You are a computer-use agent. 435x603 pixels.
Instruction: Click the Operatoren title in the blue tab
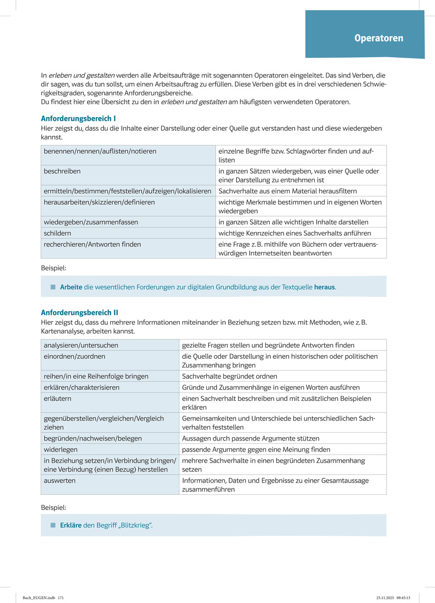point(379,38)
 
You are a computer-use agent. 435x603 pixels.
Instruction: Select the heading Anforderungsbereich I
point(78,118)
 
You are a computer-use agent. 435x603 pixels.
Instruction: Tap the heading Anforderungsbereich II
point(80,312)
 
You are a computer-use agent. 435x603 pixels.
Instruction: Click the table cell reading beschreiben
point(63,171)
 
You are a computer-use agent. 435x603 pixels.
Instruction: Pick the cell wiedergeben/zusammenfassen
point(91,222)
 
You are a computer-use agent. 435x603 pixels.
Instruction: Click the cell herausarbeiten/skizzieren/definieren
point(99,202)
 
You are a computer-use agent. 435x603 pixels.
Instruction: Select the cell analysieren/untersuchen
point(81,345)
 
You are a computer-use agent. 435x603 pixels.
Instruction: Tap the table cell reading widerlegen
point(61,449)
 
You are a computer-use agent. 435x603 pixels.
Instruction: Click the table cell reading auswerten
point(60,481)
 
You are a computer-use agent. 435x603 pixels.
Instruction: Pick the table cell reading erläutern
point(58,398)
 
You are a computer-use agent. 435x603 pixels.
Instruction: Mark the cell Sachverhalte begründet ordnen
point(230,376)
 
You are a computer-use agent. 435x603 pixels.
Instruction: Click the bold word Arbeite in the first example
point(71,287)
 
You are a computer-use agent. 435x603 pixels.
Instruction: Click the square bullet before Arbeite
point(53,287)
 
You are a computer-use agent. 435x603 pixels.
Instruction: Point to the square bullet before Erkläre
point(53,525)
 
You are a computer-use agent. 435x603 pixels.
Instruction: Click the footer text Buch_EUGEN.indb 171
point(43,598)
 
